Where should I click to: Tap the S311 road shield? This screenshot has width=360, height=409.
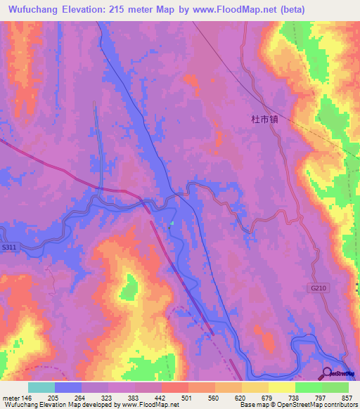pyautogui.click(x=9, y=247)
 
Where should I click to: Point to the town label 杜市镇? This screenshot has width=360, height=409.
pyautogui.click(x=265, y=119)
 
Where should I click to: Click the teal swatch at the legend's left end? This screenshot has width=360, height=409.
pyautogui.click(x=41, y=387)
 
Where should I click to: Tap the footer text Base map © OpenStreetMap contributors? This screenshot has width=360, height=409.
pyautogui.click(x=297, y=405)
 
